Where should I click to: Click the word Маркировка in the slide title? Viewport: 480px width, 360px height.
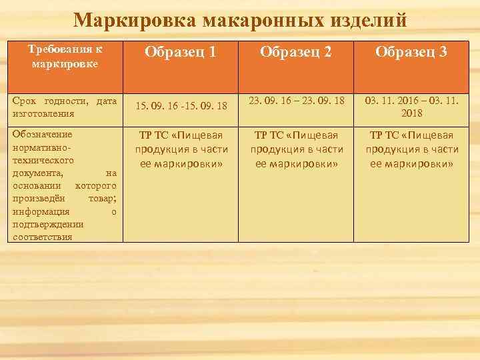pyautogui.click(x=125, y=20)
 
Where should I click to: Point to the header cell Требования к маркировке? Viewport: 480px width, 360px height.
pyautogui.click(x=65, y=56)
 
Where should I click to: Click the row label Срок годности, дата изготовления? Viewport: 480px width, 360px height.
pyautogui.click(x=65, y=107)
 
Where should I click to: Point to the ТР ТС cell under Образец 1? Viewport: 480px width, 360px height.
pyautogui.click(x=181, y=149)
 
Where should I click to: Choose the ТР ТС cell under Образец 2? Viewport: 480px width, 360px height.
pyautogui.click(x=297, y=149)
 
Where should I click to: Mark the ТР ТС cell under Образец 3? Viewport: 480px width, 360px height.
pyautogui.click(x=412, y=149)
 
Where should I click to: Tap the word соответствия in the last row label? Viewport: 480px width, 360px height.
pyautogui.click(x=41, y=237)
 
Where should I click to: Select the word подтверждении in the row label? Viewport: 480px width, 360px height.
pyautogui.click(x=48, y=224)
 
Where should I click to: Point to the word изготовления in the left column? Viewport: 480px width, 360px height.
pyautogui.click(x=42, y=113)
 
